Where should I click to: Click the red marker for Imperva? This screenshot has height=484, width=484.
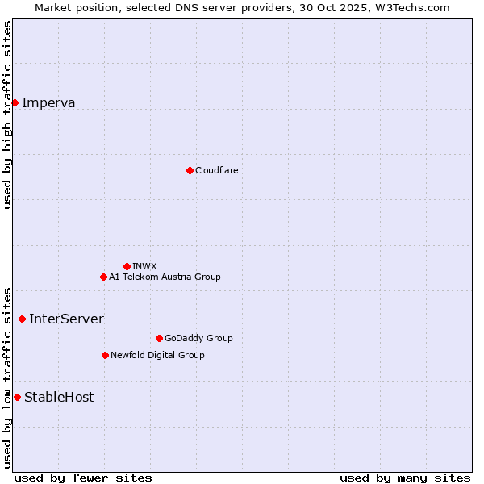tap(15, 102)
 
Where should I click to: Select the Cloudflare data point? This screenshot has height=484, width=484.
tap(190, 170)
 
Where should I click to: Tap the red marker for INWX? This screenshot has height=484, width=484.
tap(127, 266)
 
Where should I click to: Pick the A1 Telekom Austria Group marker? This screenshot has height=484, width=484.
tap(103, 277)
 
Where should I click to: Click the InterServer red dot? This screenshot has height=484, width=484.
tap(22, 319)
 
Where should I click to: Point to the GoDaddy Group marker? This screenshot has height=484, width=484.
tap(159, 338)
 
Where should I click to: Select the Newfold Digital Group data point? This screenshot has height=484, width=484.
tap(105, 355)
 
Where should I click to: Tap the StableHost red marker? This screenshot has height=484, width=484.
tap(17, 397)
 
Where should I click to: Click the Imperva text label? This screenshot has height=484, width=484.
tap(48, 102)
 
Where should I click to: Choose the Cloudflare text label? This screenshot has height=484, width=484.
tap(216, 170)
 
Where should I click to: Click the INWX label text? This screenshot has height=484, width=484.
tap(144, 266)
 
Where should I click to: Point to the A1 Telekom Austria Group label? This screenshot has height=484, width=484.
tap(165, 277)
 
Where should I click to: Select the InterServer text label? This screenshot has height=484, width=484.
tap(66, 319)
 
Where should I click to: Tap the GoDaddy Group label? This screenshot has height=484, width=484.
tap(198, 338)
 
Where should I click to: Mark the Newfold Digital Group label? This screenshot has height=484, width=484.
tap(157, 355)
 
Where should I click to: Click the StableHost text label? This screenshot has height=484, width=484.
tap(59, 397)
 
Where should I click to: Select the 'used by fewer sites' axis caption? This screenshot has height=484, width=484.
tap(83, 478)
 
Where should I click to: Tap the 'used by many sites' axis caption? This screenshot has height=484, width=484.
tap(405, 478)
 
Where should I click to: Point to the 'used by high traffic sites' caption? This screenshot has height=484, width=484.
tap(7, 115)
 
